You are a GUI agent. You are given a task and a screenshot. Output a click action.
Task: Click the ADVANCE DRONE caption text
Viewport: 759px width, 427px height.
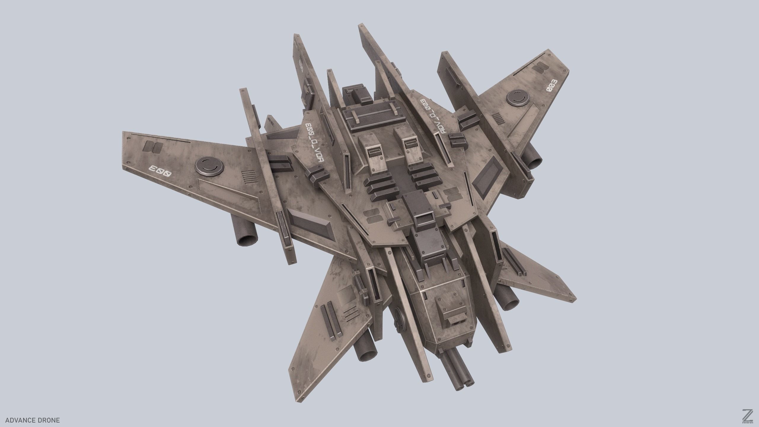click(x=33, y=420)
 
